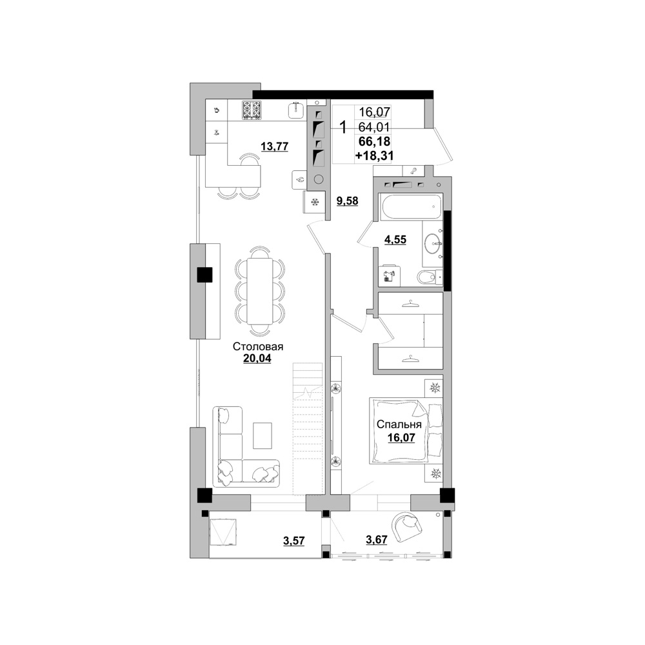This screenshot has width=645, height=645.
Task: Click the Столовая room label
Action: [258, 346]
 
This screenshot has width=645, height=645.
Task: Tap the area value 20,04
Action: [257, 359]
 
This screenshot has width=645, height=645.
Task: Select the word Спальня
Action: [399, 424]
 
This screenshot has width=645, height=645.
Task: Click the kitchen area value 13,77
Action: [274, 146]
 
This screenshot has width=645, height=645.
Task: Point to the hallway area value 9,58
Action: [347, 201]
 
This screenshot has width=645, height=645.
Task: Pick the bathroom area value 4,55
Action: [395, 239]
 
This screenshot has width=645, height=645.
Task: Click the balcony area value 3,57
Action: [293, 541]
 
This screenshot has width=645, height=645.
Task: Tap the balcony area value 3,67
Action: [377, 539]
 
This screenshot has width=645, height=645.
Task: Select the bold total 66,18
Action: [374, 141]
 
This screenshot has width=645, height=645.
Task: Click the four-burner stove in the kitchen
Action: [252, 110]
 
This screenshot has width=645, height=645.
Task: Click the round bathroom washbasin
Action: [433, 244]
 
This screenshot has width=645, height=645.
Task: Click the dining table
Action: [259, 292]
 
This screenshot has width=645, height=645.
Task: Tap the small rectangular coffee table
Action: [263, 435]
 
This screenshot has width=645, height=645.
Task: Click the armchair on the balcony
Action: [406, 526]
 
